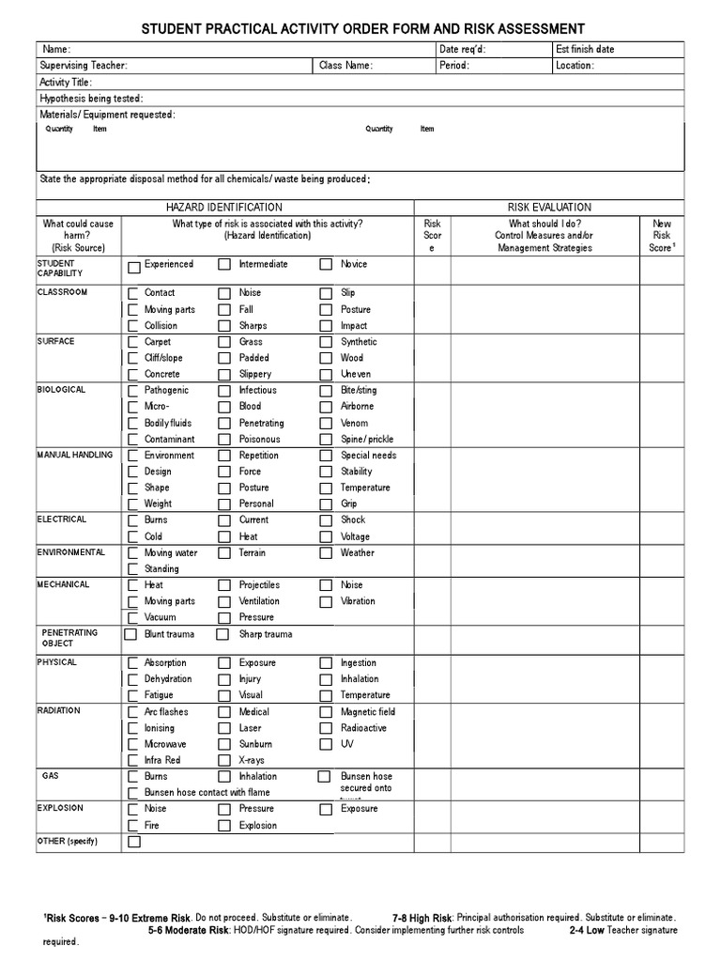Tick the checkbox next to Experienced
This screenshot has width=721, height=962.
pyautogui.click(x=133, y=266)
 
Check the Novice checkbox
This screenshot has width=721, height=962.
pyautogui.click(x=326, y=266)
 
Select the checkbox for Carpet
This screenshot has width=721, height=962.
pyautogui.click(x=133, y=343)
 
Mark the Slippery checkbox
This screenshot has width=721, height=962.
pyautogui.click(x=224, y=375)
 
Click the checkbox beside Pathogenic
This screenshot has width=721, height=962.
pyautogui.click(x=133, y=391)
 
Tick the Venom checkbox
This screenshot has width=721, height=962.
pyautogui.click(x=326, y=424)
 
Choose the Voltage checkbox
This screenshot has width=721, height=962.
pyautogui.click(x=326, y=537)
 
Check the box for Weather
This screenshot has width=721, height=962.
pyautogui.click(x=326, y=553)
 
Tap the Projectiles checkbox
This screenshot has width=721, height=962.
pyautogui.click(x=224, y=585)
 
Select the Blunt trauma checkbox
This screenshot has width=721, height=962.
pyautogui.click(x=130, y=635)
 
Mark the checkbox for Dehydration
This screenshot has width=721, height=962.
pyautogui.click(x=133, y=679)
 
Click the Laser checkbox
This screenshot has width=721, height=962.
pyautogui.click(x=224, y=729)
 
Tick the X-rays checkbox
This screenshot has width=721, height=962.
pyautogui.click(x=224, y=761)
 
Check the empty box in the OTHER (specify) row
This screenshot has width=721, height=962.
pyautogui.click(x=133, y=843)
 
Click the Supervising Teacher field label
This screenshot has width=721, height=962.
pyautogui.click(x=83, y=66)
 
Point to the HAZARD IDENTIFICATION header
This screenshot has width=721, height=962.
pyautogui.click(x=223, y=207)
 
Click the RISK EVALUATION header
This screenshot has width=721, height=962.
pyautogui.click(x=549, y=207)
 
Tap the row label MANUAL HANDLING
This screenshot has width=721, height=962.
pyautogui.click(x=75, y=455)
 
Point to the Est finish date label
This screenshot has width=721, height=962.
pyautogui.click(x=585, y=49)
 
